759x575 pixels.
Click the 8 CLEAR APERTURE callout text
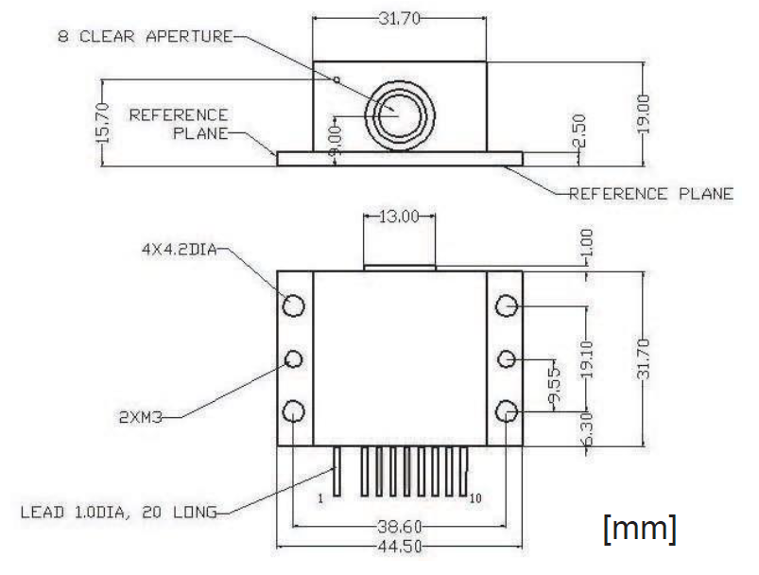146,36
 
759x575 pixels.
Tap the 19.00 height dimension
643,113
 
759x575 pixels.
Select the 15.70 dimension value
103,123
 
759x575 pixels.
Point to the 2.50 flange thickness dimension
578,130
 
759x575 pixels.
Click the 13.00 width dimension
399,216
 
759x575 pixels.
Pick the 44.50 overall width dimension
399,547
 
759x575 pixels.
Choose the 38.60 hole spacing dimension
399,526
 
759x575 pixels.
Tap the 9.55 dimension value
555,385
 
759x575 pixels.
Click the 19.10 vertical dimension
586,359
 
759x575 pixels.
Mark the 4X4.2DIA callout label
179,250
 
